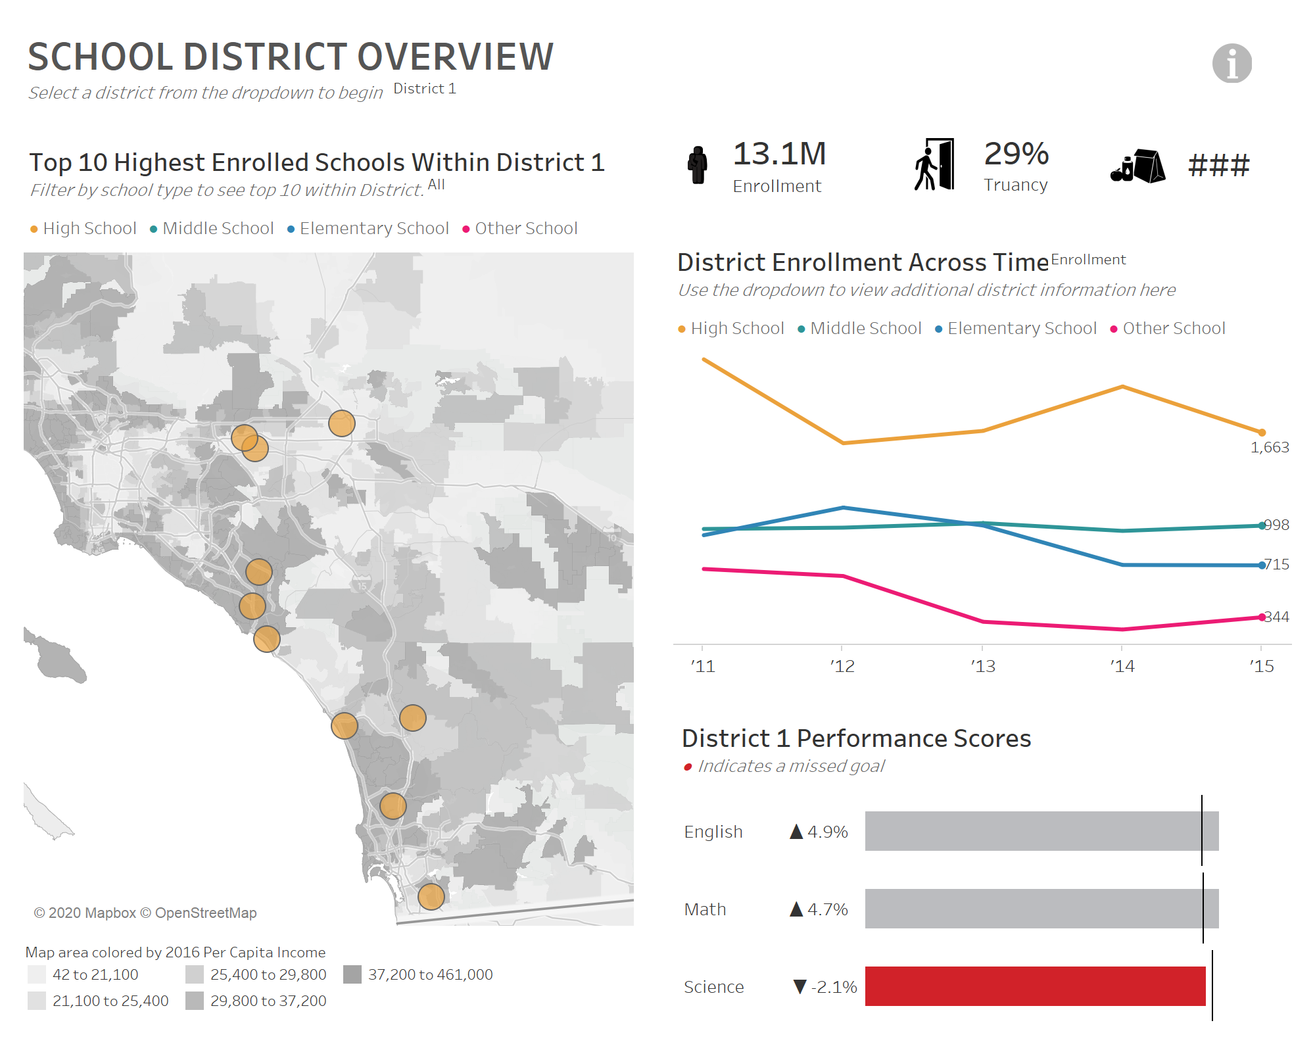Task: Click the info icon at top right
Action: tap(1231, 63)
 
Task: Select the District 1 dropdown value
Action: tap(425, 89)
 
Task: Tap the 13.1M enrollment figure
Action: tap(779, 154)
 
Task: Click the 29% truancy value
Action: tap(1016, 154)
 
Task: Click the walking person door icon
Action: tap(934, 164)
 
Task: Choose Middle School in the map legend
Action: tap(218, 228)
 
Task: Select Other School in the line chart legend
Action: tap(1173, 328)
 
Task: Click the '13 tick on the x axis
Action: tap(983, 666)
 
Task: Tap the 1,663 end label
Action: tap(1269, 447)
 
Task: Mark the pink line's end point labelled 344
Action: tap(1261, 617)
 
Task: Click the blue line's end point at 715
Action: tap(1261, 565)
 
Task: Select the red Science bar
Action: tap(1035, 986)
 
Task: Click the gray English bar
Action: tap(1041, 831)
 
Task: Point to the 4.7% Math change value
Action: tap(826, 909)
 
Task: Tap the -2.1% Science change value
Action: tap(833, 987)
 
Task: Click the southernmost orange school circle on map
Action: tap(431, 896)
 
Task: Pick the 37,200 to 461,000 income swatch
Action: tap(353, 974)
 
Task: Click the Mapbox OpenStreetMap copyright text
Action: tap(145, 913)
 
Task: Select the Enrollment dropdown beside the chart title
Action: tap(1088, 260)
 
